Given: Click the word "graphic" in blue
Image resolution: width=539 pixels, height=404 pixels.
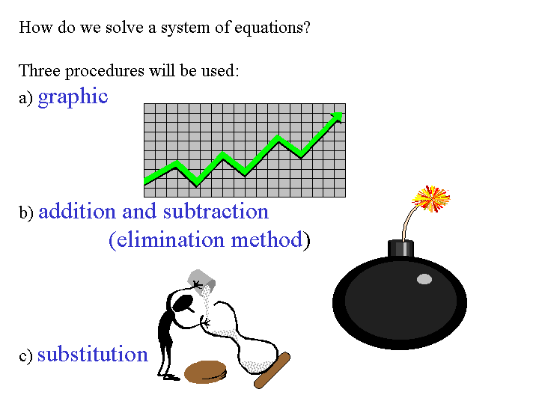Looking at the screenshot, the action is click(73, 97).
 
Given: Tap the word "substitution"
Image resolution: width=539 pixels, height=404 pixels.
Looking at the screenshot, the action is click(93, 354).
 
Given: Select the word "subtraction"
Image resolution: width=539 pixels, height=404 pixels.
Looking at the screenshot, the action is click(216, 211).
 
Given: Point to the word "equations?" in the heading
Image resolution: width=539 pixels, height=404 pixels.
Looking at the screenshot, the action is click(272, 28).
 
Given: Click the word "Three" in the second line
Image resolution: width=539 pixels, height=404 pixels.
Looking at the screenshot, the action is click(40, 70).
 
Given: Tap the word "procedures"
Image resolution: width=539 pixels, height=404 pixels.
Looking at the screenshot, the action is click(105, 72).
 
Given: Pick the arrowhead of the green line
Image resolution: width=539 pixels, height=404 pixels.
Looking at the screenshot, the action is click(337, 117).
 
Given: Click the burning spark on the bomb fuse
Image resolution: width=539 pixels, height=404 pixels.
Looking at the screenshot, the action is click(431, 198).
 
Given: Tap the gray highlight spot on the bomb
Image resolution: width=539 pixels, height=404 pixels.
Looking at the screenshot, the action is click(424, 279).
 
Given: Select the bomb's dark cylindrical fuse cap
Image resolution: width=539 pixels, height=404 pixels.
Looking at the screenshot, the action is click(401, 248).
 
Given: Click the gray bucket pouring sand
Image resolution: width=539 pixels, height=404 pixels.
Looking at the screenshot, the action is click(201, 282).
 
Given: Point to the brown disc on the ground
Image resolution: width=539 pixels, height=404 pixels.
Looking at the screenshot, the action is click(206, 372).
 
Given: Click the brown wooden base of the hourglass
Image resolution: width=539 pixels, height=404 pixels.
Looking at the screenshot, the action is click(272, 370).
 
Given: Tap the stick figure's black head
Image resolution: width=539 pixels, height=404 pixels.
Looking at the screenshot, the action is click(182, 303).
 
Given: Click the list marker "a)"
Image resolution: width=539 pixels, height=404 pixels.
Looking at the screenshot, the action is click(25, 98).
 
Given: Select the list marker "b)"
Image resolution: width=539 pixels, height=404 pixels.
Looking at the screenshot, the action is click(26, 212).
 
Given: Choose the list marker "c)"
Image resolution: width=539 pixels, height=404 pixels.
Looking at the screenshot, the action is click(25, 356).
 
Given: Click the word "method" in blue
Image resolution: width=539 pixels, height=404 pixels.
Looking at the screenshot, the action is click(267, 239).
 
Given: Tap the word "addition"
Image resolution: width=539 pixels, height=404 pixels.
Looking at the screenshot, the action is click(77, 211).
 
